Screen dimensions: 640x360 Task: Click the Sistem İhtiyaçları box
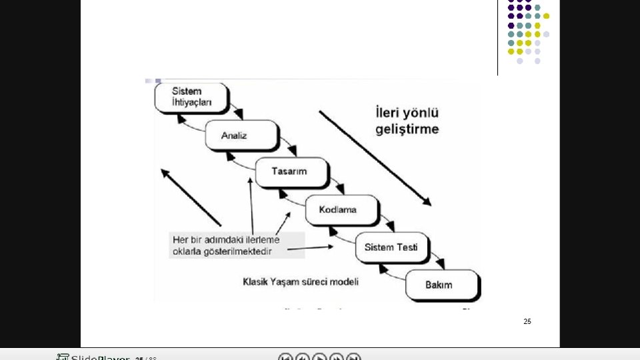[191, 97]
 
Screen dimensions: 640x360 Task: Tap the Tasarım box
[291, 172]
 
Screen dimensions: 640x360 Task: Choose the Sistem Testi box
[391, 247]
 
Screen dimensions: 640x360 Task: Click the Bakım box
[441, 285]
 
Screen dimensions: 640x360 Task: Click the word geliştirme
[407, 129]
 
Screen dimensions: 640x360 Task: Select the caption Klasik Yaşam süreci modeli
[301, 282]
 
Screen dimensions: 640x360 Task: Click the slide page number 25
[527, 321]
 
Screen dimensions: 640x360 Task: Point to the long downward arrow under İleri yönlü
[375, 158]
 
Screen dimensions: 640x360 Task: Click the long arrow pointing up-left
[191, 197]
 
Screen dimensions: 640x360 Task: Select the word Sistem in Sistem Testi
[379, 247]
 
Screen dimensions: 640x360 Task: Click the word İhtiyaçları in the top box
[192, 103]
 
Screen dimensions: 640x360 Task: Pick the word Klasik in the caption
[255, 282]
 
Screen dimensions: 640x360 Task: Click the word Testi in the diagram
[407, 247]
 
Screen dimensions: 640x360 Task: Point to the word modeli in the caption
[344, 282]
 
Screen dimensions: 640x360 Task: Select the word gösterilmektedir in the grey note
[247, 251]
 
